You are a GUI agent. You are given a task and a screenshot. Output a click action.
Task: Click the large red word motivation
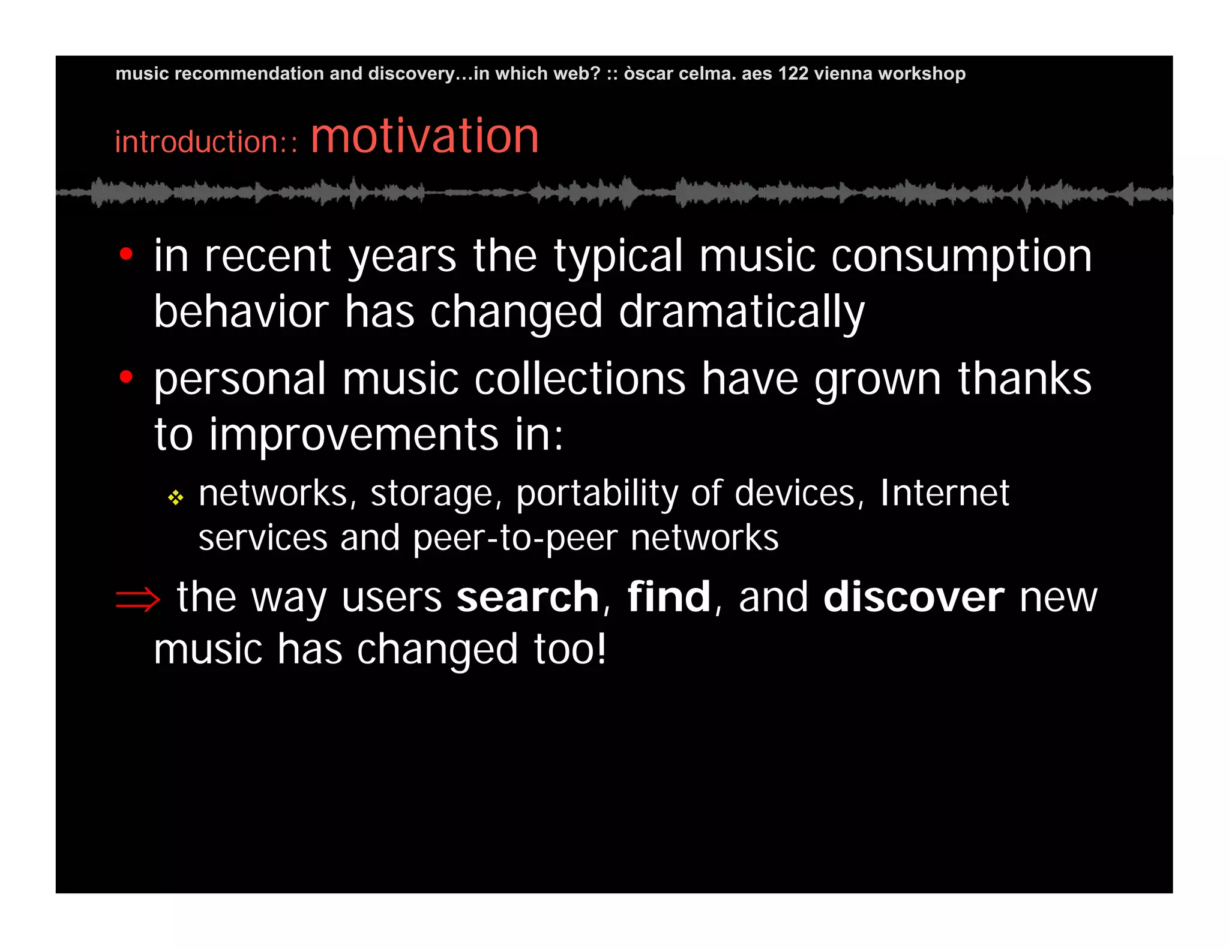click(424, 137)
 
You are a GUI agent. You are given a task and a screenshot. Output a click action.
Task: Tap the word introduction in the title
click(197, 143)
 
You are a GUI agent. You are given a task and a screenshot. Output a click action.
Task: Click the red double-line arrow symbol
click(137, 599)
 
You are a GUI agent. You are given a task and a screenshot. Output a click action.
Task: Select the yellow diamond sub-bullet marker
click(175, 497)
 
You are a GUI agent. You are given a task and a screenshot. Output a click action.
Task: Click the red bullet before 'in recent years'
click(126, 254)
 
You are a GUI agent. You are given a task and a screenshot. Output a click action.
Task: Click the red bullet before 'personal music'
click(126, 377)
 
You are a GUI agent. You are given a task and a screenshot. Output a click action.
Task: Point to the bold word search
click(527, 597)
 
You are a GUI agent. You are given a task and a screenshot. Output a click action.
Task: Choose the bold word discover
click(913, 597)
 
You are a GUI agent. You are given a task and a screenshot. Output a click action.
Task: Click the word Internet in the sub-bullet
click(945, 493)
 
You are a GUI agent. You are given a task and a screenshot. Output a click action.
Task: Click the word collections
click(580, 380)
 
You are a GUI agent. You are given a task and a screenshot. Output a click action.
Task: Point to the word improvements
click(353, 434)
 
